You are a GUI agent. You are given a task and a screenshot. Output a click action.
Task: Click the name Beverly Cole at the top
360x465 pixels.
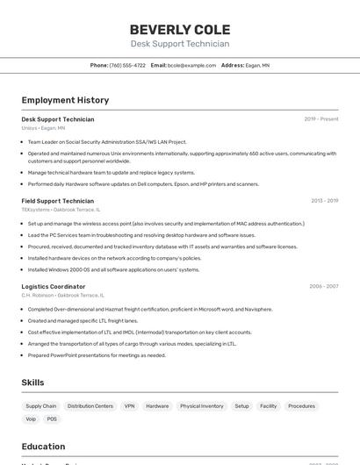[x=180, y=29]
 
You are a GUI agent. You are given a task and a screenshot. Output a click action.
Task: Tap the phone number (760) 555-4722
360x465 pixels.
[x=127, y=65]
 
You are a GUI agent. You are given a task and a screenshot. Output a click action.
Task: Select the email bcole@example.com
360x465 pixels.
[x=191, y=65]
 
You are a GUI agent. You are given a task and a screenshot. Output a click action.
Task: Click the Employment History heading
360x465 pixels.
[x=65, y=100]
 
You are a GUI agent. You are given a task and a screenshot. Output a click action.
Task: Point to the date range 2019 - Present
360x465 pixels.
[x=320, y=119]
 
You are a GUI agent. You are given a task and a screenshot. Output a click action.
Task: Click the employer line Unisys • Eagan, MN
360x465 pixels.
[x=43, y=128]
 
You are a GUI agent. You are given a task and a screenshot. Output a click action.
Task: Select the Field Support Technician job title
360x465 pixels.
[x=57, y=201]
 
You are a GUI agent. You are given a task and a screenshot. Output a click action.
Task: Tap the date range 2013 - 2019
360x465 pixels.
[x=324, y=201]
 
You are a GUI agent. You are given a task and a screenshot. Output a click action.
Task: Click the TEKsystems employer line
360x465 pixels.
[x=61, y=210]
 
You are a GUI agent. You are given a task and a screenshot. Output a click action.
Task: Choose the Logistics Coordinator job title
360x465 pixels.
[x=54, y=287]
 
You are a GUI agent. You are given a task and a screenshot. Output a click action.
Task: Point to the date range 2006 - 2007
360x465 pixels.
[x=324, y=287]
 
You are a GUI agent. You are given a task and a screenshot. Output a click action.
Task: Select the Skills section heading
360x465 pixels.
[x=33, y=383]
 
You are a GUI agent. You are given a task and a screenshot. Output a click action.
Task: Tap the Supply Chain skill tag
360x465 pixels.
[x=41, y=406]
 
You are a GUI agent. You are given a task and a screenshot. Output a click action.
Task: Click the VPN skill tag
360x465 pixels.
[x=130, y=406]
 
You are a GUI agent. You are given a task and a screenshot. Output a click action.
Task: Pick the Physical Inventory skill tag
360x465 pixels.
[x=201, y=406]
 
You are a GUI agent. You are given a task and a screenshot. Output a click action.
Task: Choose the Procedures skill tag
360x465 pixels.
[x=301, y=406]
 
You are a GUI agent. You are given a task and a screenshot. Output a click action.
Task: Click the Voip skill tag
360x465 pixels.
[x=31, y=418]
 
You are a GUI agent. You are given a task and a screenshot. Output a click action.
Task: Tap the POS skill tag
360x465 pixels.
[x=52, y=418]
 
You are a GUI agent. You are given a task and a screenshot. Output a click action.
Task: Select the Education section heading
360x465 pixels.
[x=44, y=446]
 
